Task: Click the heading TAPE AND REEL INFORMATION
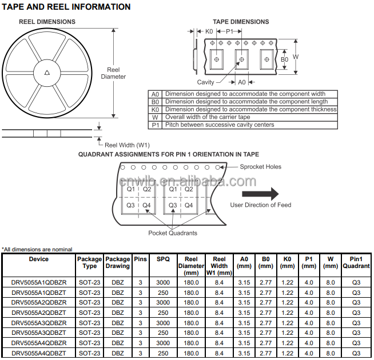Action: (x=67, y=7)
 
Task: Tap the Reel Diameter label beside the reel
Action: (x=113, y=73)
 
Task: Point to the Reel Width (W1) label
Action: (x=127, y=145)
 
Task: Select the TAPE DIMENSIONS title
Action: (x=241, y=22)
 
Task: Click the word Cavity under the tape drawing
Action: (x=206, y=82)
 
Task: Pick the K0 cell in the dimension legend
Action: (x=155, y=109)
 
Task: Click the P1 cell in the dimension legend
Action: (x=155, y=125)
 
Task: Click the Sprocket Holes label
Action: (x=260, y=167)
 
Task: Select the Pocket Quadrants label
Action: (x=173, y=233)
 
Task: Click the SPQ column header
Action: (x=163, y=259)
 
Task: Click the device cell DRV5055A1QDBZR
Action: (x=39, y=282)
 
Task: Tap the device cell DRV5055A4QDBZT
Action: (x=39, y=354)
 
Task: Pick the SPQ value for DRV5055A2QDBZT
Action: (x=163, y=313)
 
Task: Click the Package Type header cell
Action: (x=89, y=262)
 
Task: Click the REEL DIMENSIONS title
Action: (x=47, y=22)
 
